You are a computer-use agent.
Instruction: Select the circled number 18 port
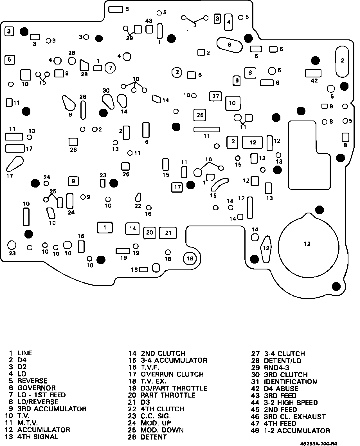click(190, 258)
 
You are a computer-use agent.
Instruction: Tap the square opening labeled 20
click(149, 233)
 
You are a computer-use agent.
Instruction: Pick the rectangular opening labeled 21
click(168, 233)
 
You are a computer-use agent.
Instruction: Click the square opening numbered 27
click(215, 96)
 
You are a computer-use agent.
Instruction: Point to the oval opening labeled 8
click(229, 44)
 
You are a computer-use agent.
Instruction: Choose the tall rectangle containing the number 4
click(228, 22)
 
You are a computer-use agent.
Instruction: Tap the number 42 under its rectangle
click(314, 81)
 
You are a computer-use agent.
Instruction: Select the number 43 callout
click(149, 21)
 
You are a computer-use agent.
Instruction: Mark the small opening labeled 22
click(138, 197)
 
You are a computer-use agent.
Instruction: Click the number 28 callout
click(84, 74)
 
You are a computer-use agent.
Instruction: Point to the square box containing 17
click(177, 187)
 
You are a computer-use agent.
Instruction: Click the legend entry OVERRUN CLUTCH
click(172, 374)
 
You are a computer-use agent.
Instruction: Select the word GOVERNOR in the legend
click(37, 388)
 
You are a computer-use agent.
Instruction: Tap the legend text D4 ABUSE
click(281, 389)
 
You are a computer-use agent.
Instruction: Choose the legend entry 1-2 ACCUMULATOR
click(297, 431)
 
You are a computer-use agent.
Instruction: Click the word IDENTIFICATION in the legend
click(290, 382)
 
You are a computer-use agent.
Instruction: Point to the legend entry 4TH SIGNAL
click(38, 437)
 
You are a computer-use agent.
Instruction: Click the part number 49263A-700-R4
click(319, 443)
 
